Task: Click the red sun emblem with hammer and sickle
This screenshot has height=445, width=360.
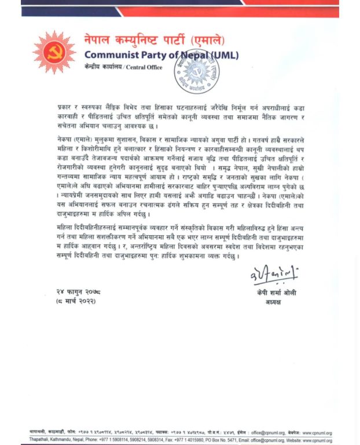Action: (x=54, y=52)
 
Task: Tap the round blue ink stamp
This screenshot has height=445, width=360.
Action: (x=197, y=73)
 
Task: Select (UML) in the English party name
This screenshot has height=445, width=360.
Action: (x=219, y=55)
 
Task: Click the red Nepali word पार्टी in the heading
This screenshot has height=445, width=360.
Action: (x=174, y=40)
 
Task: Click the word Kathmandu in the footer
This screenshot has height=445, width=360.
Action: (x=67, y=440)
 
